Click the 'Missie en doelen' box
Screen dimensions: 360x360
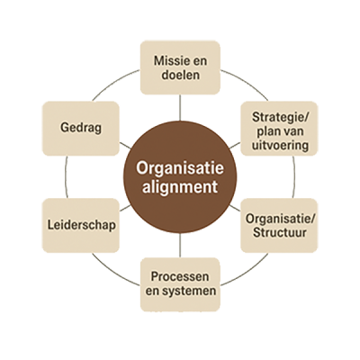click(x=180, y=67)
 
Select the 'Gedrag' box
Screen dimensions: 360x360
click(x=81, y=129)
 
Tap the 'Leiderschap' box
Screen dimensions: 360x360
click(x=81, y=225)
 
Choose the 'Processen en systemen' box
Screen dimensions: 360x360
click(x=180, y=284)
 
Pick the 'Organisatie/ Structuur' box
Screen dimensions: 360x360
click(x=279, y=225)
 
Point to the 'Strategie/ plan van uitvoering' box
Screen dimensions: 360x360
click(x=279, y=129)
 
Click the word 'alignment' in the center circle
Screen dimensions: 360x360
click(x=180, y=187)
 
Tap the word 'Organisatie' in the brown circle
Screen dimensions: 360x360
click(x=180, y=168)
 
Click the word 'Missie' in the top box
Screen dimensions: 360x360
click(x=168, y=61)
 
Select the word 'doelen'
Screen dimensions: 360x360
click(x=181, y=75)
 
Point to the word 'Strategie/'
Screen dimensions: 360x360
click(x=280, y=117)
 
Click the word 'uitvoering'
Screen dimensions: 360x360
click(x=280, y=145)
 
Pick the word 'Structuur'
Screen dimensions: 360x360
click(x=280, y=232)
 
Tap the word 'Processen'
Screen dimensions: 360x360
click(x=180, y=276)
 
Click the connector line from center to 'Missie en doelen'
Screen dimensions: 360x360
click(x=180, y=107)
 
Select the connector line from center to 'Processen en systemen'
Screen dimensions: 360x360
click(x=180, y=246)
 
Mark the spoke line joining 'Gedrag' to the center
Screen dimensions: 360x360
click(x=125, y=146)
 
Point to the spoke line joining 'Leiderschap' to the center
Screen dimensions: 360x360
click(x=125, y=208)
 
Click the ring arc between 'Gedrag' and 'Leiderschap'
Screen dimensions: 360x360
click(x=66, y=177)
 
